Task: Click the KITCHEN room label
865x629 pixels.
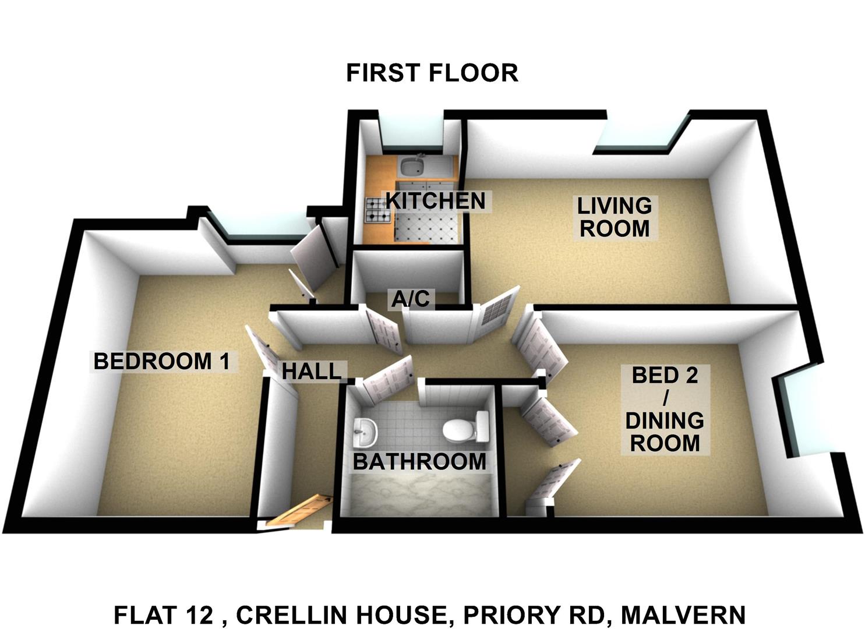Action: pos(436,201)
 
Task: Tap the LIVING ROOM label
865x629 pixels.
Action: pos(615,217)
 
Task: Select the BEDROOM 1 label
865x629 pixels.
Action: pos(161,362)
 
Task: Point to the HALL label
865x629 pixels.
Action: pos(312,372)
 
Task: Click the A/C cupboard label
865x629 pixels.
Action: pos(410,299)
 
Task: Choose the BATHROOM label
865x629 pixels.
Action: pos(419,462)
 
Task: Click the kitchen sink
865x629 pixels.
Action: pos(412,167)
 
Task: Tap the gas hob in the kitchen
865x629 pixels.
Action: pos(379,210)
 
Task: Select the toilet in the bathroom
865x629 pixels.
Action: pos(466,429)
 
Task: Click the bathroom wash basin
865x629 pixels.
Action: pos(365,432)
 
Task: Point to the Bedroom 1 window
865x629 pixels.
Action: pos(263,228)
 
